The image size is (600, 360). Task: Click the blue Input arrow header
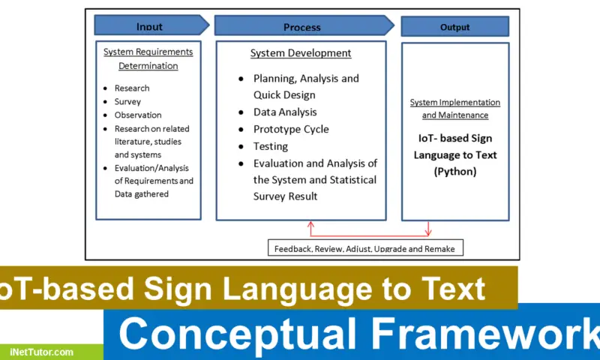pos(149,26)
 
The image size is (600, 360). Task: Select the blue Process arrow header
pos(302,27)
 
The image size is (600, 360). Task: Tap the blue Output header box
pos(454,27)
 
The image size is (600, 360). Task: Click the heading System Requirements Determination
pos(148,58)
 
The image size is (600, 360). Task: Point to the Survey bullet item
pos(127,101)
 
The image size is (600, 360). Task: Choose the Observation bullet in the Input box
pos(137,115)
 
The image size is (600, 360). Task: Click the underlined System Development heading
pos(300,53)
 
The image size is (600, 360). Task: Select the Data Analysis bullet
pos(285,112)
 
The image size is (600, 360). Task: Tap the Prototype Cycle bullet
pos(291,129)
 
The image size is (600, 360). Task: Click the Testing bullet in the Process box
pos(271,145)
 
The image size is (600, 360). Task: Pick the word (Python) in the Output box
pos(454,170)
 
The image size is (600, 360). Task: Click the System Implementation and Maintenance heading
pos(454,109)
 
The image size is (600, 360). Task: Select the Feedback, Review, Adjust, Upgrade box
pos(364,247)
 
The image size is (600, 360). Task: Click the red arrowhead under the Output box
pos(428,233)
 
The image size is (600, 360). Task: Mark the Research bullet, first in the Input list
pos(132,88)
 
